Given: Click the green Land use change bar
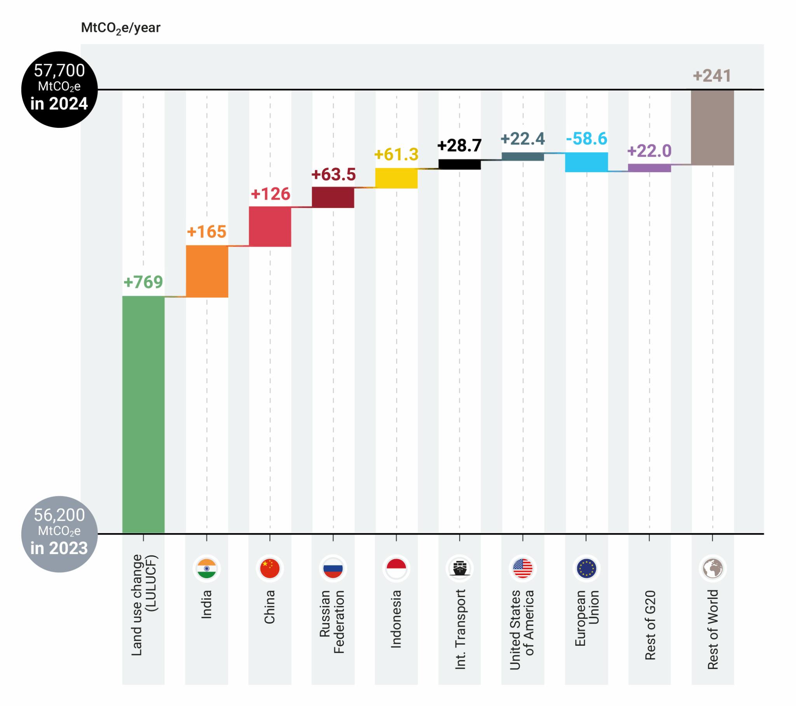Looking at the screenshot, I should click(143, 414).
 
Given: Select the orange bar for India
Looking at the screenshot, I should click(207, 271).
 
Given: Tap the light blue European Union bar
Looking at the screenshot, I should click(586, 162).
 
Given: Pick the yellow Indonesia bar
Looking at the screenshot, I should click(396, 178).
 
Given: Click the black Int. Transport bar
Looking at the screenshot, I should click(459, 164).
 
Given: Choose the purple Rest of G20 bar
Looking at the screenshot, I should click(649, 168).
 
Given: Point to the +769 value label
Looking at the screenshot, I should click(143, 282).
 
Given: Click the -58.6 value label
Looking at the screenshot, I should click(586, 139).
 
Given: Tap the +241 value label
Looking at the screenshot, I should click(712, 76).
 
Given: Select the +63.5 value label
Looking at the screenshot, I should click(333, 174).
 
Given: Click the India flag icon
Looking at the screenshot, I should click(206, 568).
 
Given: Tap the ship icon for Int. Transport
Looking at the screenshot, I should click(459, 568).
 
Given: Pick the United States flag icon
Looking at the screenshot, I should click(523, 568).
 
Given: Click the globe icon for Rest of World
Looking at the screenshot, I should click(712, 568).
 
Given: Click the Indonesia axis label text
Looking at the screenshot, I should click(396, 619).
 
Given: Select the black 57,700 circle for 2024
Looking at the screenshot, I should click(59, 89).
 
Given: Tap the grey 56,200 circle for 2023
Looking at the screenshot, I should click(59, 534).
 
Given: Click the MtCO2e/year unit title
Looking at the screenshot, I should click(120, 28).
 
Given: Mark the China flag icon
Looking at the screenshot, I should click(270, 568).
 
